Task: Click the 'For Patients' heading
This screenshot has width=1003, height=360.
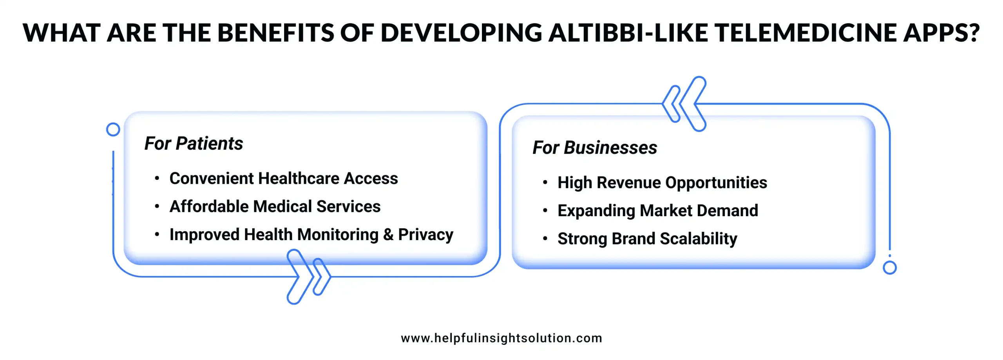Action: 194,143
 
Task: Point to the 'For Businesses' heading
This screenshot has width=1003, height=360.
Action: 594,148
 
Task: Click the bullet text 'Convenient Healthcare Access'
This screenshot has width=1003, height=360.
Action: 283,179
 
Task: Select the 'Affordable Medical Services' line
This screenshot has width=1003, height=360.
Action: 275,206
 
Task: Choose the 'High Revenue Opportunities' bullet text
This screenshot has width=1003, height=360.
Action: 662,183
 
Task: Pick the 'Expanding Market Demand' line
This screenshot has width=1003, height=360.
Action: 657,211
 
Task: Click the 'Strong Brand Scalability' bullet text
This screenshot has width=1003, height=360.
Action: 647,239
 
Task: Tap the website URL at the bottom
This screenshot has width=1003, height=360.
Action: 501,338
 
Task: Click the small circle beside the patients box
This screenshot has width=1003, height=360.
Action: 113,129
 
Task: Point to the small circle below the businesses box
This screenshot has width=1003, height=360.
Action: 889,268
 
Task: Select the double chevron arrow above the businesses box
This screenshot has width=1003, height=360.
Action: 684,104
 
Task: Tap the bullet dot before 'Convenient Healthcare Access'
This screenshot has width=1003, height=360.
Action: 157,179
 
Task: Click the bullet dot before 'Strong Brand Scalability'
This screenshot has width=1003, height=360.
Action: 545,239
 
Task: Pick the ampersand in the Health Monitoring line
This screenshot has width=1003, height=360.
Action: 388,235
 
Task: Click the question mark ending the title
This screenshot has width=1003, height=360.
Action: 972,33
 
